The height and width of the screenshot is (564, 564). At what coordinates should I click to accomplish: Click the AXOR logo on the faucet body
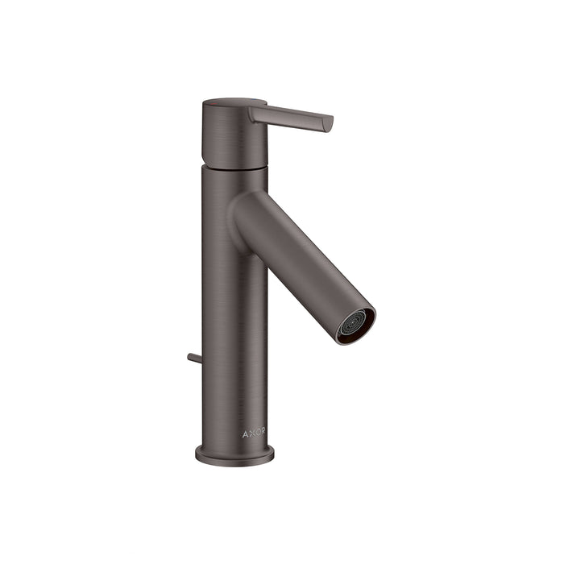254,433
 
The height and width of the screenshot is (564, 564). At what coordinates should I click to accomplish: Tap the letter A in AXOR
245,433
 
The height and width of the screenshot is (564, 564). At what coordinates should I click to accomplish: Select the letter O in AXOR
257,433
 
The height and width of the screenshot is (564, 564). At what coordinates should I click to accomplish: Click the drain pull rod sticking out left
193,358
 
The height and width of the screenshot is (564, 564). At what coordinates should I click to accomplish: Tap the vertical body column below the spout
234,338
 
